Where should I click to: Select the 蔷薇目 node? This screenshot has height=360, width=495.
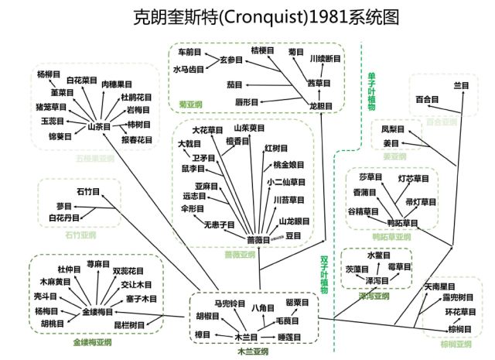(258, 240)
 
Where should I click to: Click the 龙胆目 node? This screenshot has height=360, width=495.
(320, 106)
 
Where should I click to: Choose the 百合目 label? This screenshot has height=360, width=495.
(427, 99)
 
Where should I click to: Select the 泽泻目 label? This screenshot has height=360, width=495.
(377, 280)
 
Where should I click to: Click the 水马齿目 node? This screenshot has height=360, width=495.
(189, 69)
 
